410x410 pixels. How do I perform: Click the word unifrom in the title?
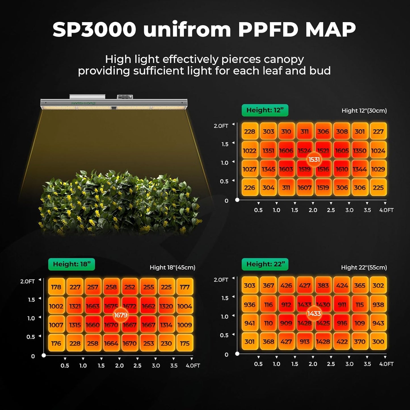[x=187, y=30]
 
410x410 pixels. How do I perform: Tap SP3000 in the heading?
[x=94, y=30]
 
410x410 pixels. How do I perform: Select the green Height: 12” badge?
[x=265, y=110]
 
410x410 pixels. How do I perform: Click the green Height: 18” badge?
[x=72, y=264]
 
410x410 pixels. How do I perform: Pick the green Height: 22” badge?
[x=265, y=264]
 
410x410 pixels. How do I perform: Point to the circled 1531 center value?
[x=314, y=160]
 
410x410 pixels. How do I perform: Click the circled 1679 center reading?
[x=121, y=315]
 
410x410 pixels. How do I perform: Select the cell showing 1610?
[x=342, y=169]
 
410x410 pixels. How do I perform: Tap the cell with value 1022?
[x=250, y=151]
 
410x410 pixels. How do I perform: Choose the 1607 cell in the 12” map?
[x=304, y=188]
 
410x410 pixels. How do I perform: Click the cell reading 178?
[x=56, y=287]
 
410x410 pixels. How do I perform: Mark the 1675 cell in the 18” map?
[x=111, y=306]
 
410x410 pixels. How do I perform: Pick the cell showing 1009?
[x=185, y=325]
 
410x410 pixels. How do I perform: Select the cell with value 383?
[x=323, y=286]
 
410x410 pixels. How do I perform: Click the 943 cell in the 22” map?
[x=378, y=323]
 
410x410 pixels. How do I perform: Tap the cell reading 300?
[x=378, y=342]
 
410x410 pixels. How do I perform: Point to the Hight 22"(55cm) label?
[x=364, y=268]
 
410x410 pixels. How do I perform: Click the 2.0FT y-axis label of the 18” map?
[x=27, y=281]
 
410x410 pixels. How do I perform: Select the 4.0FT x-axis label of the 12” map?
[x=386, y=210]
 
